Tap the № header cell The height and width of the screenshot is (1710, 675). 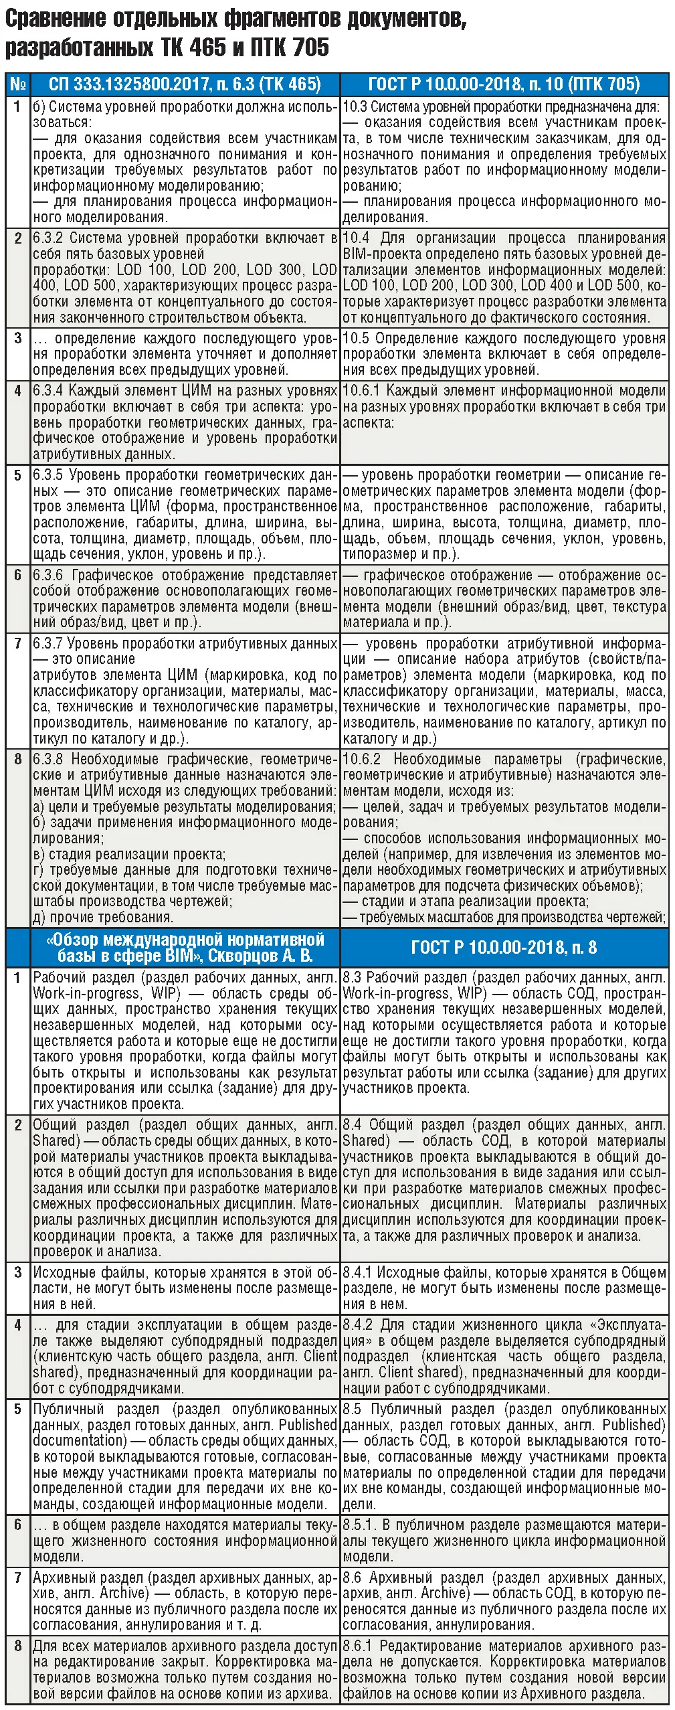[x=18, y=84]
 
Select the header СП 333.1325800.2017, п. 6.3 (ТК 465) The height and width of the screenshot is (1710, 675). [x=185, y=84]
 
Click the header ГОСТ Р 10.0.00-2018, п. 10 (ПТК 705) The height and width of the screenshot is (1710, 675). [x=504, y=84]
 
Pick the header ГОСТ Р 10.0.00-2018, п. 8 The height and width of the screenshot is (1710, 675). [x=504, y=947]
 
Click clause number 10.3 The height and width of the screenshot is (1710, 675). [x=355, y=106]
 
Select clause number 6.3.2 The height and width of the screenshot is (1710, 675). [x=49, y=238]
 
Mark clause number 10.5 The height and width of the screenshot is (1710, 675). [x=355, y=339]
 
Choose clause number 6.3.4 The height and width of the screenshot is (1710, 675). [x=48, y=391]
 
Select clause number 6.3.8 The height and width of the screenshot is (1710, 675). [x=48, y=760]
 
